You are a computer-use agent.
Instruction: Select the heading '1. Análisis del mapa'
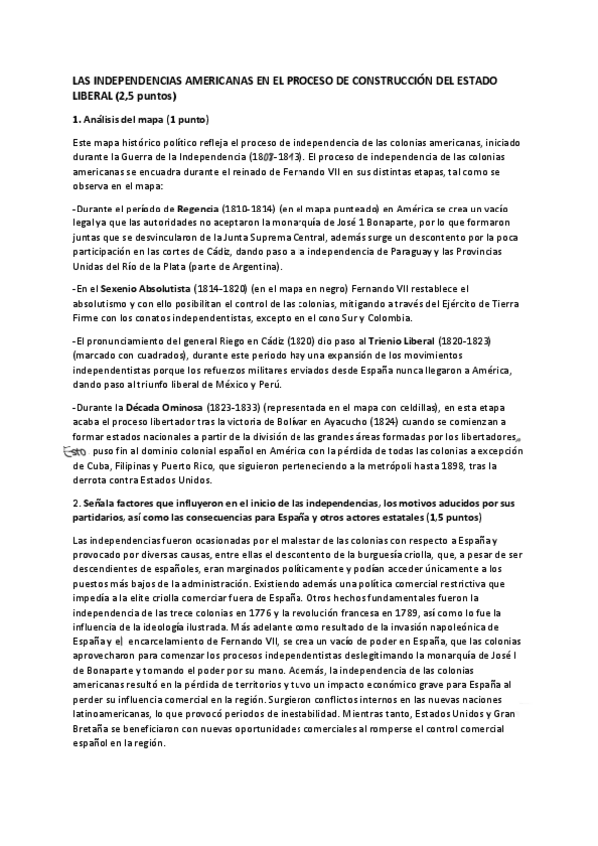click(x=127, y=120)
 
